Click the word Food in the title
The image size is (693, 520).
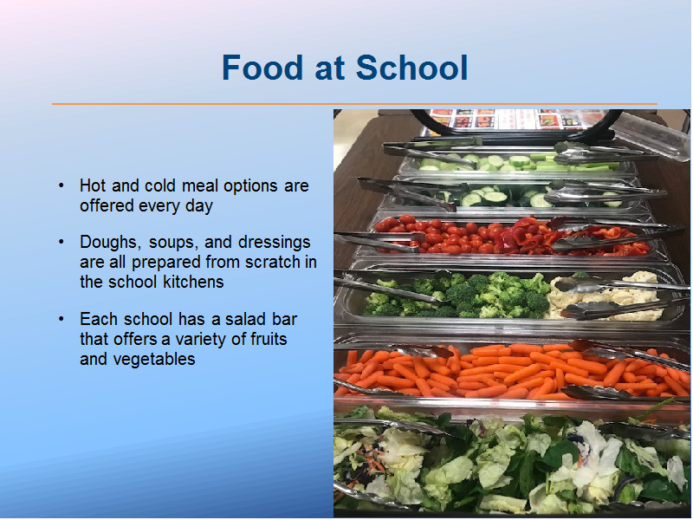point(263,68)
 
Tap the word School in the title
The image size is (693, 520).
point(411,68)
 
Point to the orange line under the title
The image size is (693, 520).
point(354,104)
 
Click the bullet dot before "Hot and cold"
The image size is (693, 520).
point(61,185)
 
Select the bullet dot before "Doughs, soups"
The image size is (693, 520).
point(61,242)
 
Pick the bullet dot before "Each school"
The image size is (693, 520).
point(61,319)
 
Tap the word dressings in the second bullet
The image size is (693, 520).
point(274,243)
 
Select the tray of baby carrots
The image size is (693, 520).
point(513,372)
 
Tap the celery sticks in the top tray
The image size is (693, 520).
point(574,162)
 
